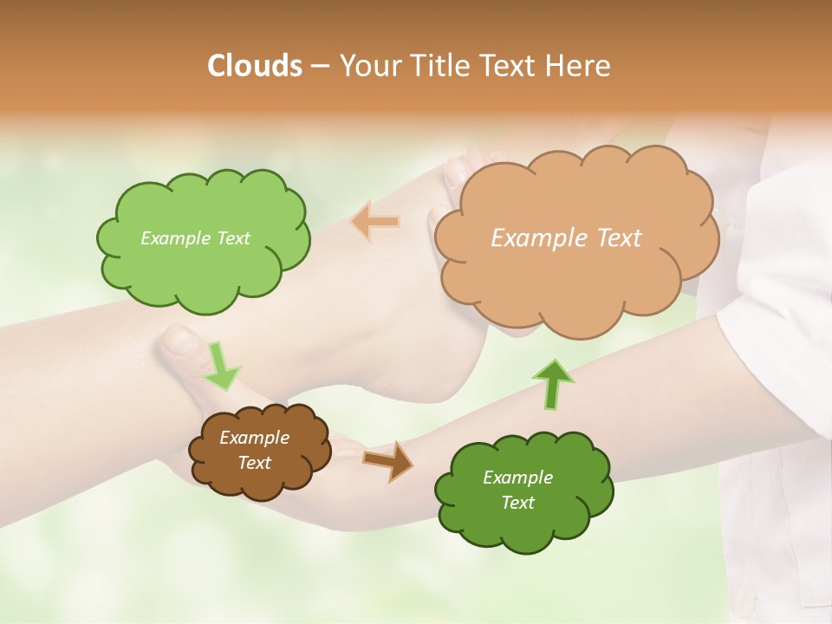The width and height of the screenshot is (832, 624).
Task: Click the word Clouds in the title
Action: [255, 66]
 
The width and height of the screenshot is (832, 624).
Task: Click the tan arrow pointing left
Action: [376, 222]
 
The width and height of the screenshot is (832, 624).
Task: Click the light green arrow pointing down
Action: [221, 366]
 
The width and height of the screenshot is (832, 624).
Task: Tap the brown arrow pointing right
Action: [388, 460]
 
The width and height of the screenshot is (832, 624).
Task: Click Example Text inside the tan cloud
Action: [566, 238]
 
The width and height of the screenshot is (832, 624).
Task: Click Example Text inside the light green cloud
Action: [195, 238]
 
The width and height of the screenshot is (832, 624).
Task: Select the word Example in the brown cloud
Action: [254, 438]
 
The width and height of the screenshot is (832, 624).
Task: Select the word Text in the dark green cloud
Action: [517, 503]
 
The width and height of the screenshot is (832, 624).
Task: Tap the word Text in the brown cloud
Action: [254, 463]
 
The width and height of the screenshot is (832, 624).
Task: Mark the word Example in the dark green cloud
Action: [517, 478]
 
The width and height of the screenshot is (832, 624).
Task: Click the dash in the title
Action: [320, 67]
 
